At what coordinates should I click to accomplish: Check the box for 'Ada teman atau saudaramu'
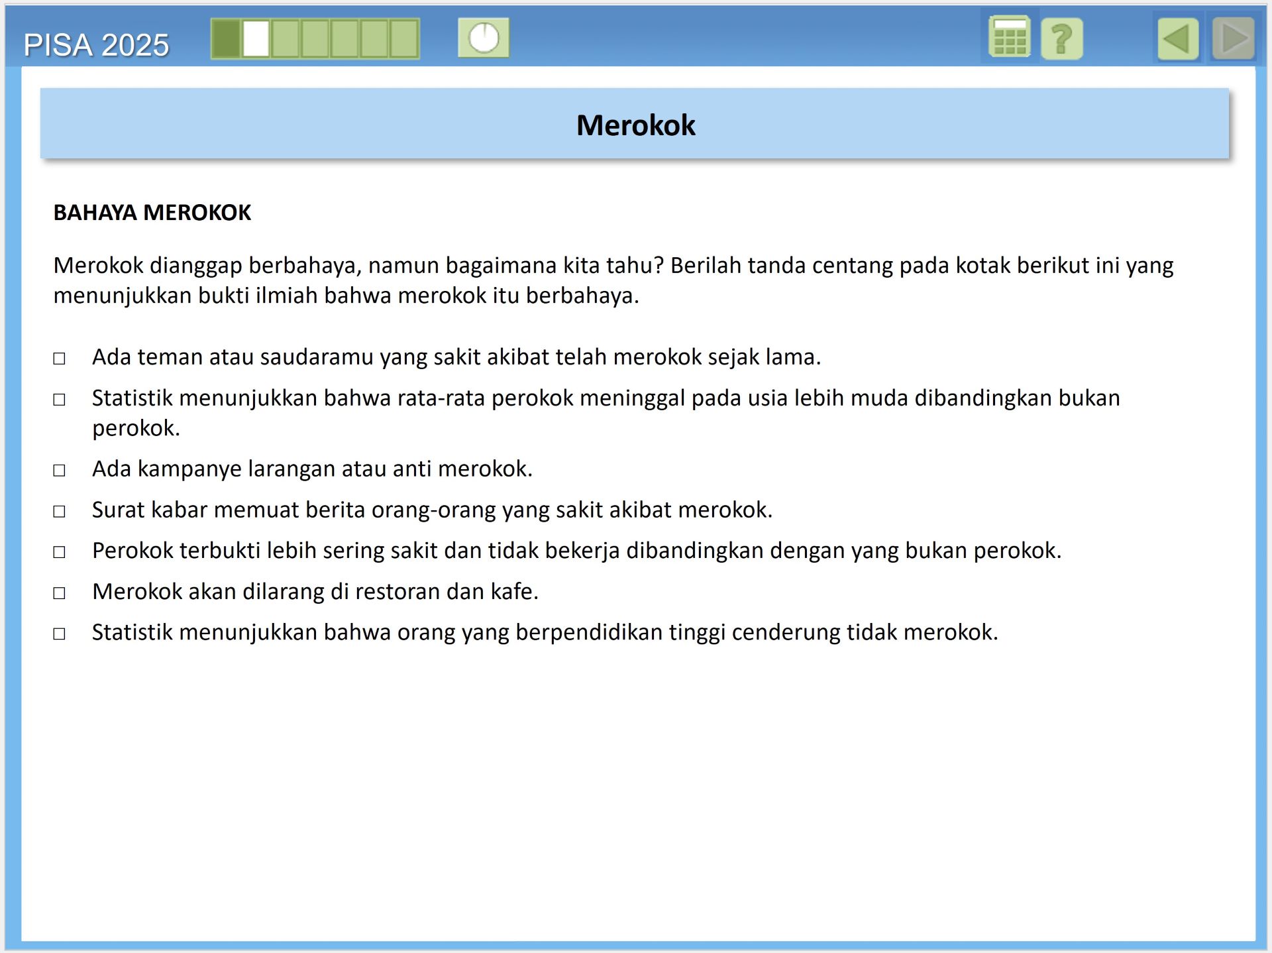click(x=60, y=359)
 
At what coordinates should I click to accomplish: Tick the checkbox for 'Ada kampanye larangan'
click(x=60, y=471)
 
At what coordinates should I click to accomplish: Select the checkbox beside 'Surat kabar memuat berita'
click(x=60, y=512)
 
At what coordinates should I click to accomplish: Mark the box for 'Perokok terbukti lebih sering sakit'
click(x=60, y=552)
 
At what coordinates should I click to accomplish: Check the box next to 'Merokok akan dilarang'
click(x=60, y=593)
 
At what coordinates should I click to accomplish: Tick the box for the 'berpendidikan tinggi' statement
click(x=60, y=634)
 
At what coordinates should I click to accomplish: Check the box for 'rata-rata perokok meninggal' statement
click(x=60, y=400)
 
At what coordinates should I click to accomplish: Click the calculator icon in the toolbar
click(x=1009, y=38)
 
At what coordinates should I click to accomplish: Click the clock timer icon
click(x=484, y=38)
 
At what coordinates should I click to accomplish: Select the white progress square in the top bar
click(x=256, y=38)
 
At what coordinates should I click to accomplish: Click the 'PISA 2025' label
click(x=97, y=45)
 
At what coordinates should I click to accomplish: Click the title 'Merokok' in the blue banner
click(x=635, y=125)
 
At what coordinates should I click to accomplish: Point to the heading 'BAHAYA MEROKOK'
click(x=152, y=213)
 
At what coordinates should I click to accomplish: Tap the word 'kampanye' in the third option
click(x=189, y=469)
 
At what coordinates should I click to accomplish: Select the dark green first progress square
click(x=226, y=38)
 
